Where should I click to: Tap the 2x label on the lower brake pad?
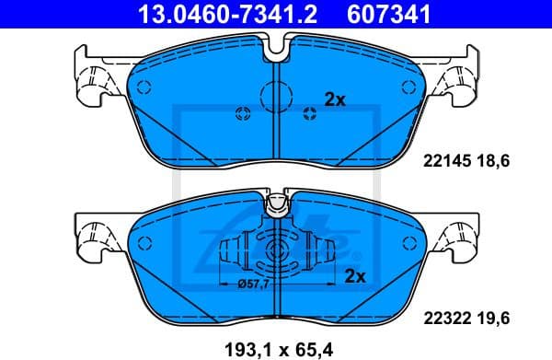[353, 275]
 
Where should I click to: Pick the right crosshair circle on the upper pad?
[309, 112]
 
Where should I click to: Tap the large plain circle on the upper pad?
[276, 93]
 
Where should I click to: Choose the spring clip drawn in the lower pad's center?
[276, 255]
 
